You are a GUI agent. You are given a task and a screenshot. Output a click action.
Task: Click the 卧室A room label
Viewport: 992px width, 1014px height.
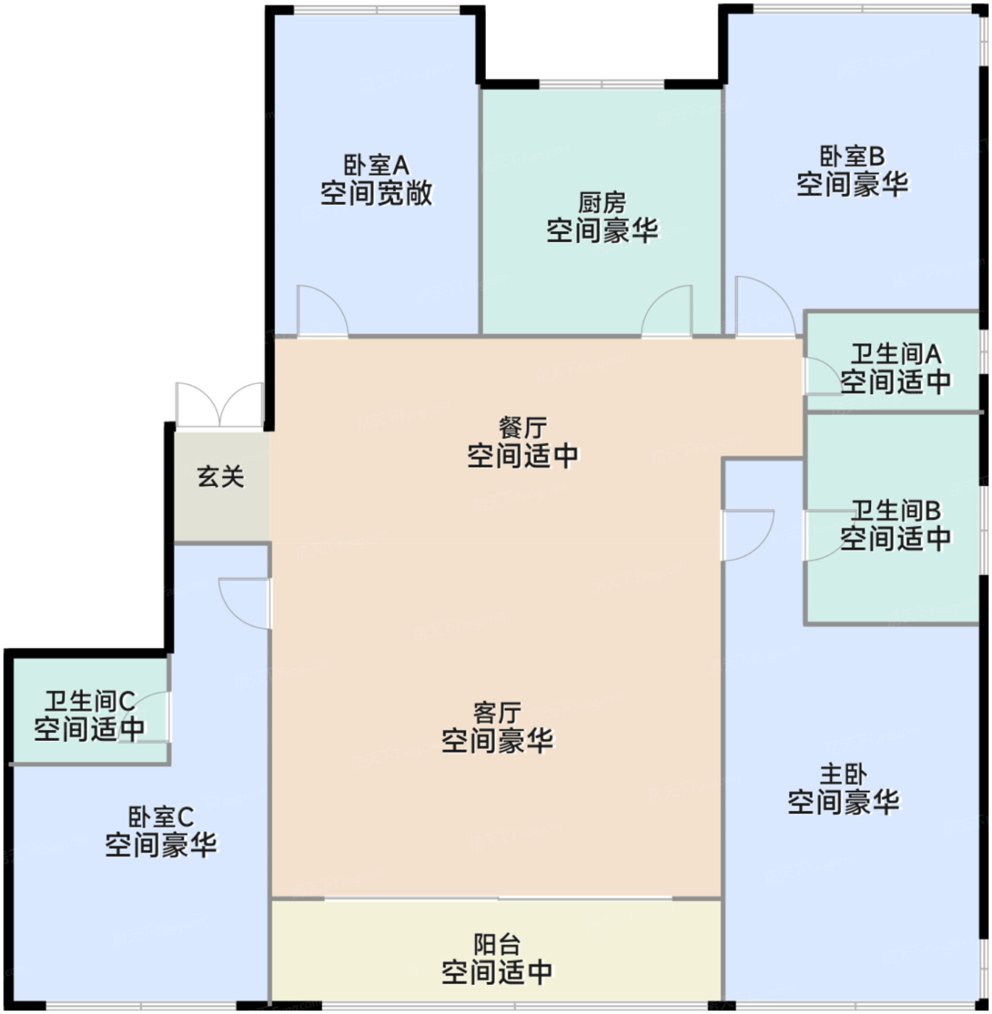pos(376,165)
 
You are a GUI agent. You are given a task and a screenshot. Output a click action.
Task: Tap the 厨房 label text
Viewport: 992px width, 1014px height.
pos(602,203)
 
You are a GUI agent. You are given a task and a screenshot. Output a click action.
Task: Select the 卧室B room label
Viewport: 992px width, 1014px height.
pos(852,156)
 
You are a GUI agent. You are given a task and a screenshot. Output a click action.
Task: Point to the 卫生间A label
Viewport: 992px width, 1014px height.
pos(896,354)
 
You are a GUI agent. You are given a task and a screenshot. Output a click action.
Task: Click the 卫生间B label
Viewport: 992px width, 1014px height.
pos(896,511)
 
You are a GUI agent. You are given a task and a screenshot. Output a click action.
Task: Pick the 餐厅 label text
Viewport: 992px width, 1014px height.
pos(522,427)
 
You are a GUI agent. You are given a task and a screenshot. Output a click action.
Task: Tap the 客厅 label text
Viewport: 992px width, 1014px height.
pos(497,713)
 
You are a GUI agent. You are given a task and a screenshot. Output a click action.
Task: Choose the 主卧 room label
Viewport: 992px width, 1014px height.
pos(843,774)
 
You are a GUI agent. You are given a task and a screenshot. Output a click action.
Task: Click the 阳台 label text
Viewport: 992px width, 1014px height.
pos(497,944)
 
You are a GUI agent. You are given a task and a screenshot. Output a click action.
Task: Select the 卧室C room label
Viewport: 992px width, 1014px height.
pos(161,818)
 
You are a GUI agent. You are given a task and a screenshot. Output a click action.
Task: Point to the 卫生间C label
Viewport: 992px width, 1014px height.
pos(89,701)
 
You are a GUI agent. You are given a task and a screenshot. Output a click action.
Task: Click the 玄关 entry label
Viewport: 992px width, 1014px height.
pos(221,477)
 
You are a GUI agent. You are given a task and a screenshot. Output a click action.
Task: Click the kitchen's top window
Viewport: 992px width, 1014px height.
pos(602,84)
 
